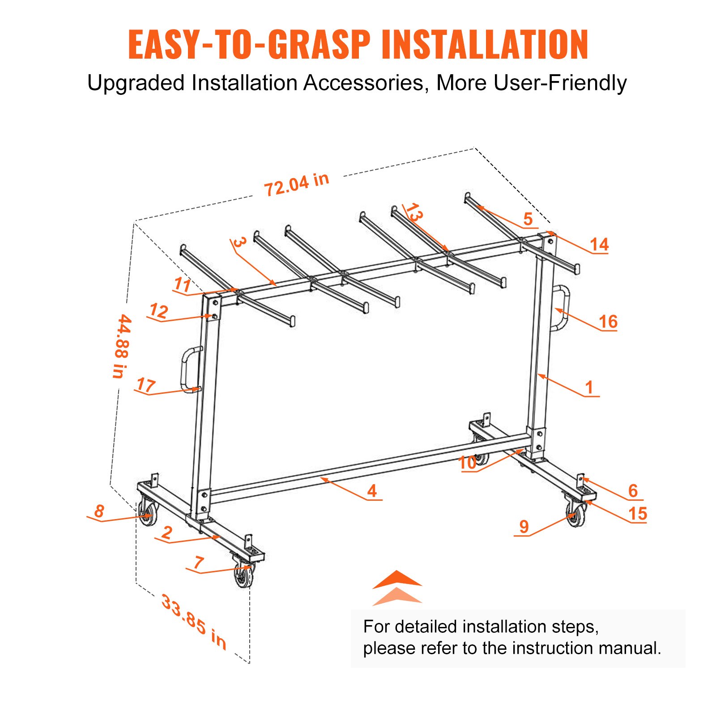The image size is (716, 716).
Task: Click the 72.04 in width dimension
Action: [x=296, y=184]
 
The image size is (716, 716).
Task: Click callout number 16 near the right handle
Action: [x=608, y=321]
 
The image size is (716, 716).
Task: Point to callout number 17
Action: [x=146, y=385]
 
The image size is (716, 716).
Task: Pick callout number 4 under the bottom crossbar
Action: [x=372, y=491]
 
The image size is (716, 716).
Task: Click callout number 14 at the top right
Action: [x=599, y=244]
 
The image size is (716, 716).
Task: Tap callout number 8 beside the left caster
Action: [x=99, y=511]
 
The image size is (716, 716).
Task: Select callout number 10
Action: [x=468, y=463]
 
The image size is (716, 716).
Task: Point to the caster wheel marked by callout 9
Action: [x=576, y=516]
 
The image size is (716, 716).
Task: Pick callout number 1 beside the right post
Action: [x=589, y=387]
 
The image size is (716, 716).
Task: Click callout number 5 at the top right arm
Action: [x=528, y=218]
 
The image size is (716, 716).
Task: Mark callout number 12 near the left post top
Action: [x=159, y=311]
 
